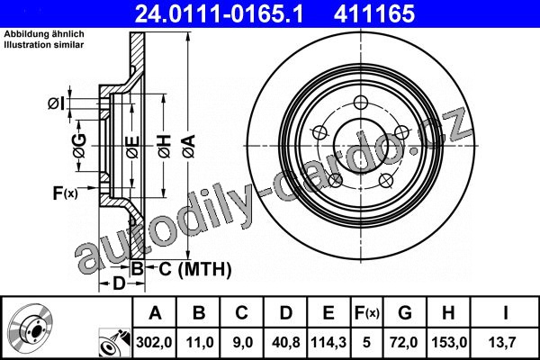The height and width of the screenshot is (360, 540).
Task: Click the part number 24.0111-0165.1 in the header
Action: (x=220, y=13)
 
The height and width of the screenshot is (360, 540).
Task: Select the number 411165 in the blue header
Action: (x=374, y=13)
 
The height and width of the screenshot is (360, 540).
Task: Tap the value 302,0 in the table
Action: (x=154, y=342)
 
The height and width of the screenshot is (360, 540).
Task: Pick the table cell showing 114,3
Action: (x=328, y=342)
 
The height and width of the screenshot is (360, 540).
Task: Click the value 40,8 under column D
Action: (x=286, y=342)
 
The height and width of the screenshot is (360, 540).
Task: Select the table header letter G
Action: (x=405, y=313)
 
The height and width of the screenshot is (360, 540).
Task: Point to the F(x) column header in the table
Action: (x=367, y=313)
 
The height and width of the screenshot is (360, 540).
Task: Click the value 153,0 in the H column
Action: (x=449, y=342)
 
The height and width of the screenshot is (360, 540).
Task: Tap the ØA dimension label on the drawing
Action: (x=189, y=147)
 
